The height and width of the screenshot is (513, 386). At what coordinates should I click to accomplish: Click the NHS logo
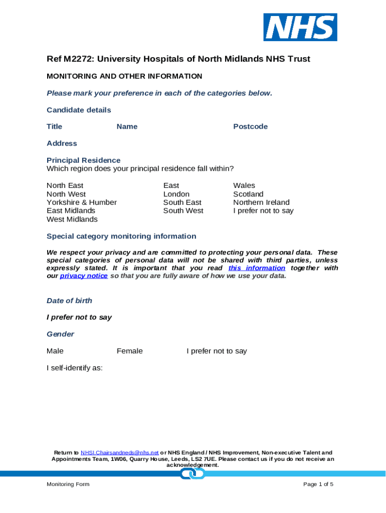click(x=300, y=27)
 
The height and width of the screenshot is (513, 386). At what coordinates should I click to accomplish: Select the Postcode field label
click(x=250, y=127)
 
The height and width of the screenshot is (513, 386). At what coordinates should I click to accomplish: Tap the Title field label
click(x=54, y=127)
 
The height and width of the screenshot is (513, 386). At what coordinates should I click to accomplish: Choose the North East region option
click(x=65, y=186)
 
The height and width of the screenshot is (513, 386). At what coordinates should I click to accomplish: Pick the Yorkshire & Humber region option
click(x=82, y=202)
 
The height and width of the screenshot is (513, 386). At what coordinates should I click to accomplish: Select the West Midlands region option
click(x=72, y=219)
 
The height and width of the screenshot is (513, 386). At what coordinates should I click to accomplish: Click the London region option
click(x=176, y=194)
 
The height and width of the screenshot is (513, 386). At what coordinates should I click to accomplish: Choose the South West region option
click(x=183, y=211)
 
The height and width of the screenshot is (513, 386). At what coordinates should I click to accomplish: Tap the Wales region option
click(x=244, y=186)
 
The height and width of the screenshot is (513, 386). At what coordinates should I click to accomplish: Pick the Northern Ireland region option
click(x=261, y=202)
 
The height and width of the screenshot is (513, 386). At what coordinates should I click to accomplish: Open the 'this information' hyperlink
click(x=257, y=268)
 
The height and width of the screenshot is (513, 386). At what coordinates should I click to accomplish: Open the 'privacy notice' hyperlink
click(x=84, y=276)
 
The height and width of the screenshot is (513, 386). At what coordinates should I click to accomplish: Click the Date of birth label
click(x=69, y=301)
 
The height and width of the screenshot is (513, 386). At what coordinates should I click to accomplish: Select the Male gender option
click(x=55, y=351)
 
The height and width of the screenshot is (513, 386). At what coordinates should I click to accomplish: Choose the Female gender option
click(x=130, y=351)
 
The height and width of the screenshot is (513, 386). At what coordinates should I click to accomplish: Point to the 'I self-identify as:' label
click(x=75, y=368)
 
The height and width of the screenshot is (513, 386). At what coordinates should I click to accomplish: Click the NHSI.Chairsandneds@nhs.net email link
click(x=120, y=453)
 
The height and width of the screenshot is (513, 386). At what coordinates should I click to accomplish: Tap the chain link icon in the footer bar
click(x=192, y=473)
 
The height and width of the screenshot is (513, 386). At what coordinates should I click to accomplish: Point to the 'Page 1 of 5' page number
click(x=318, y=484)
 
